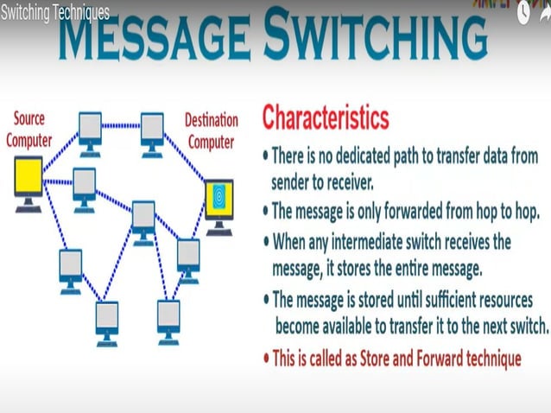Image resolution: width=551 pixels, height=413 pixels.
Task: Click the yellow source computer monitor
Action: point(28,182)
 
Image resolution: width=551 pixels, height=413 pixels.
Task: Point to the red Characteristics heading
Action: point(326,117)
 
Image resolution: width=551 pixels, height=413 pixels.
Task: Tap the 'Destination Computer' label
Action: point(212,130)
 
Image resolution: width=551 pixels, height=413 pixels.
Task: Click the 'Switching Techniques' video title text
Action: point(55,12)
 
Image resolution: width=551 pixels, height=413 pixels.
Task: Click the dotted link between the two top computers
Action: point(121,126)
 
